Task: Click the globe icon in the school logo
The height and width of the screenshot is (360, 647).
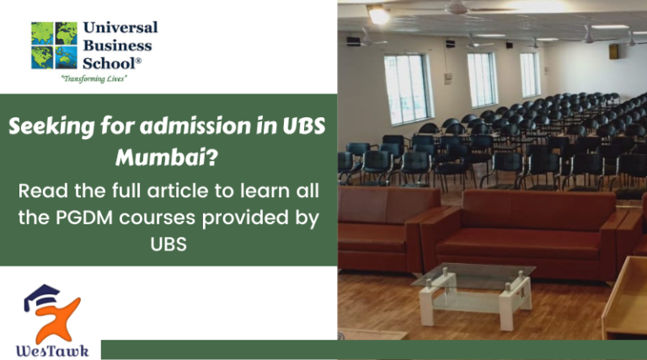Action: pyautogui.click(x=53, y=45)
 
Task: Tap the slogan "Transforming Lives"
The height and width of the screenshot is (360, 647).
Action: pyautogui.click(x=94, y=78)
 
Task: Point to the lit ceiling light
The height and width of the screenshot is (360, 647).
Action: pyautogui.click(x=378, y=14)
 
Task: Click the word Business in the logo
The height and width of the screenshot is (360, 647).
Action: pyautogui.click(x=117, y=45)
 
